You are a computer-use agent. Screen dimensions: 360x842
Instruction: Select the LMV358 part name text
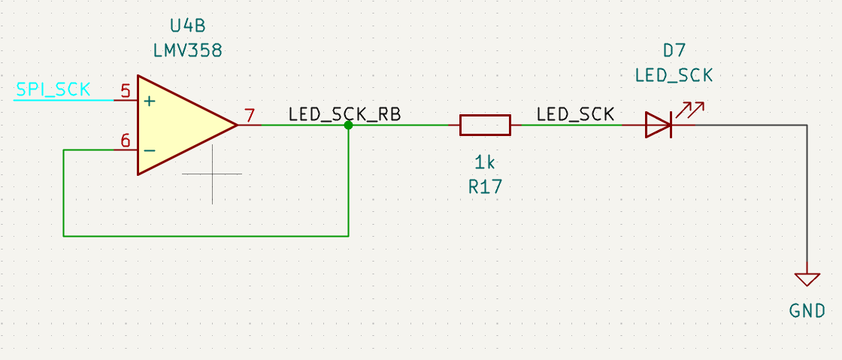pyautogui.click(x=186, y=51)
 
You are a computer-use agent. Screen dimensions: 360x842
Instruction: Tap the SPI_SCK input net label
pyautogui.click(x=53, y=90)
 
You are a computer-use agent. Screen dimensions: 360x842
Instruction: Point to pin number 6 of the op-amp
pyautogui.click(x=125, y=141)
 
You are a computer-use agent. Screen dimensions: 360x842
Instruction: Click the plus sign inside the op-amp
pyautogui.click(x=150, y=101)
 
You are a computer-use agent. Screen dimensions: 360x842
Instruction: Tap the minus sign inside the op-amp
pyautogui.click(x=150, y=150)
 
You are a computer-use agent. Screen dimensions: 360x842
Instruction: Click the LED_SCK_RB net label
pyautogui.click(x=344, y=115)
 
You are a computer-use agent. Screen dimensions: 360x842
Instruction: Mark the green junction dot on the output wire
pyautogui.click(x=348, y=126)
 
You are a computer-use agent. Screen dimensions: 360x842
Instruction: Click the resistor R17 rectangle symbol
pyautogui.click(x=485, y=126)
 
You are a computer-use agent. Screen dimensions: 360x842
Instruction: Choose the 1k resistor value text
pyautogui.click(x=485, y=162)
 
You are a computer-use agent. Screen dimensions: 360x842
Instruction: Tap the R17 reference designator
pyautogui.click(x=485, y=187)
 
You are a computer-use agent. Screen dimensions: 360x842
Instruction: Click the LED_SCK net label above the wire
pyautogui.click(x=575, y=115)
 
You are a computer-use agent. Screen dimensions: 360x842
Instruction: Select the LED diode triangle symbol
pyautogui.click(x=657, y=126)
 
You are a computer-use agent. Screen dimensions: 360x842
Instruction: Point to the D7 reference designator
pyautogui.click(x=674, y=51)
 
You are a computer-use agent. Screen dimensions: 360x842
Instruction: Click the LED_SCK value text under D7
pyautogui.click(x=674, y=75)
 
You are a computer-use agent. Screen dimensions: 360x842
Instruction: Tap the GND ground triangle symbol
pyautogui.click(x=807, y=279)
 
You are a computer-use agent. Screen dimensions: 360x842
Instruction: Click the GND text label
pyautogui.click(x=807, y=311)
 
